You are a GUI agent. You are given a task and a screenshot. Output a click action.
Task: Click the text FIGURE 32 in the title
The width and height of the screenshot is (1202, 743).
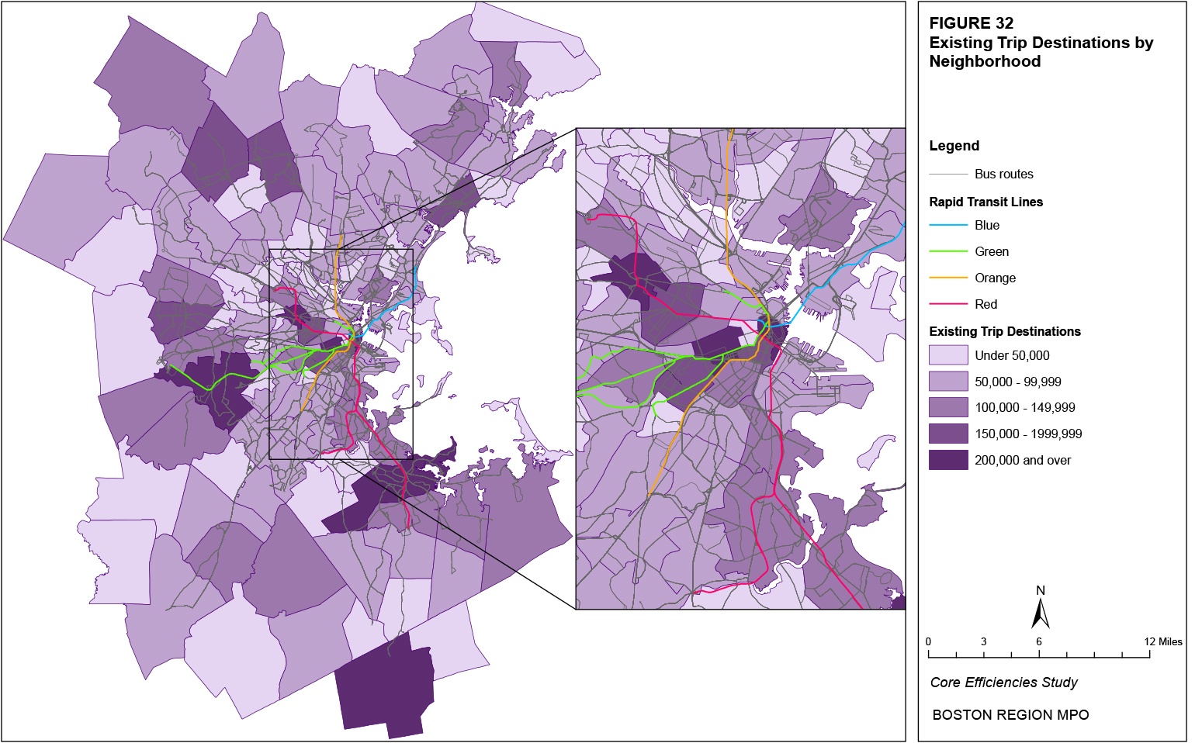click(971, 23)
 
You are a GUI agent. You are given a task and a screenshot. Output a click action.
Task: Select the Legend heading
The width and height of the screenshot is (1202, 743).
click(954, 146)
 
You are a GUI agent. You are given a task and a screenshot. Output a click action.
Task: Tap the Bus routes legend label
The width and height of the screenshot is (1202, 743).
click(1003, 174)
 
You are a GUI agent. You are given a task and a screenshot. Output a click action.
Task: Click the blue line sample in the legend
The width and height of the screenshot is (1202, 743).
click(948, 225)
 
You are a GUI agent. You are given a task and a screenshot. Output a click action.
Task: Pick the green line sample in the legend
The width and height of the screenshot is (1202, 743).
click(948, 251)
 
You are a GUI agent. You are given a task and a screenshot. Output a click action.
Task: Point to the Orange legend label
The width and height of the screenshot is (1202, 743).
click(995, 278)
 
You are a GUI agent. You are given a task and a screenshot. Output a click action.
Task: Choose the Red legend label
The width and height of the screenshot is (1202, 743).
click(986, 304)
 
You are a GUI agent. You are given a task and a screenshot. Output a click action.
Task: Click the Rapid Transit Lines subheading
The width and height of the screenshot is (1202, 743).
click(986, 202)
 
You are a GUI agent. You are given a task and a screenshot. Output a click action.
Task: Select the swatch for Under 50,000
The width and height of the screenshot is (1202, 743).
click(948, 355)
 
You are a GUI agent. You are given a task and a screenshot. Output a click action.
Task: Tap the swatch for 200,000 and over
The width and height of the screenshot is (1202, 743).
click(948, 460)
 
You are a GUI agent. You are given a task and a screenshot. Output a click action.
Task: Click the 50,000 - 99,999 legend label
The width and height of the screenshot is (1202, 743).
click(1017, 382)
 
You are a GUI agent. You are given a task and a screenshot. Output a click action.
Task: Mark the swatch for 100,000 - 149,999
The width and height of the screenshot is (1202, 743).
click(948, 407)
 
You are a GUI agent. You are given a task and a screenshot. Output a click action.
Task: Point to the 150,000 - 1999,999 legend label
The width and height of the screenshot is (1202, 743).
click(1027, 434)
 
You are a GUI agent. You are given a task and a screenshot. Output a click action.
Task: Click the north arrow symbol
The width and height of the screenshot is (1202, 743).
click(1040, 610)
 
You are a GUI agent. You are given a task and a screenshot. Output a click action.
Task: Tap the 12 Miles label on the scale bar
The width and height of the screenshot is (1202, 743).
click(1162, 641)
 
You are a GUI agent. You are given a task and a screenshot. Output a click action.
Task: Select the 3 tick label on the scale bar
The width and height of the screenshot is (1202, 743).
click(983, 641)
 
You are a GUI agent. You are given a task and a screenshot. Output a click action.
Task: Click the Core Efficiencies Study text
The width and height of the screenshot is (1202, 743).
click(1003, 683)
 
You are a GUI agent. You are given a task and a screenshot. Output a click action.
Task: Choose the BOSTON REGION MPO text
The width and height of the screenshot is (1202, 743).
click(1010, 715)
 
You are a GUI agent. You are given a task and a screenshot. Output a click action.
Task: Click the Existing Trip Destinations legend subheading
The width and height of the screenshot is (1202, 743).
click(1004, 331)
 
